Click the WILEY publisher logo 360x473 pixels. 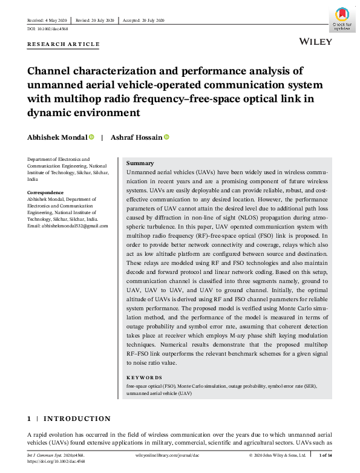point(315,41)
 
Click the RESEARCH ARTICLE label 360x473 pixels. point(64,45)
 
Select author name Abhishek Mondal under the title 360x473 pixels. point(57,137)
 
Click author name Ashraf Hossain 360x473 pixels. point(136,137)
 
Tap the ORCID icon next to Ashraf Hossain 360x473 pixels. point(167,137)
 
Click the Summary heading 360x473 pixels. point(140,163)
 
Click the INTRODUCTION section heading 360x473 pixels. point(77,419)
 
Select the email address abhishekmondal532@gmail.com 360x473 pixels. point(68,226)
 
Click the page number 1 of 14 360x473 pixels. point(324,455)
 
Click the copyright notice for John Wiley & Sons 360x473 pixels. point(278,455)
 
